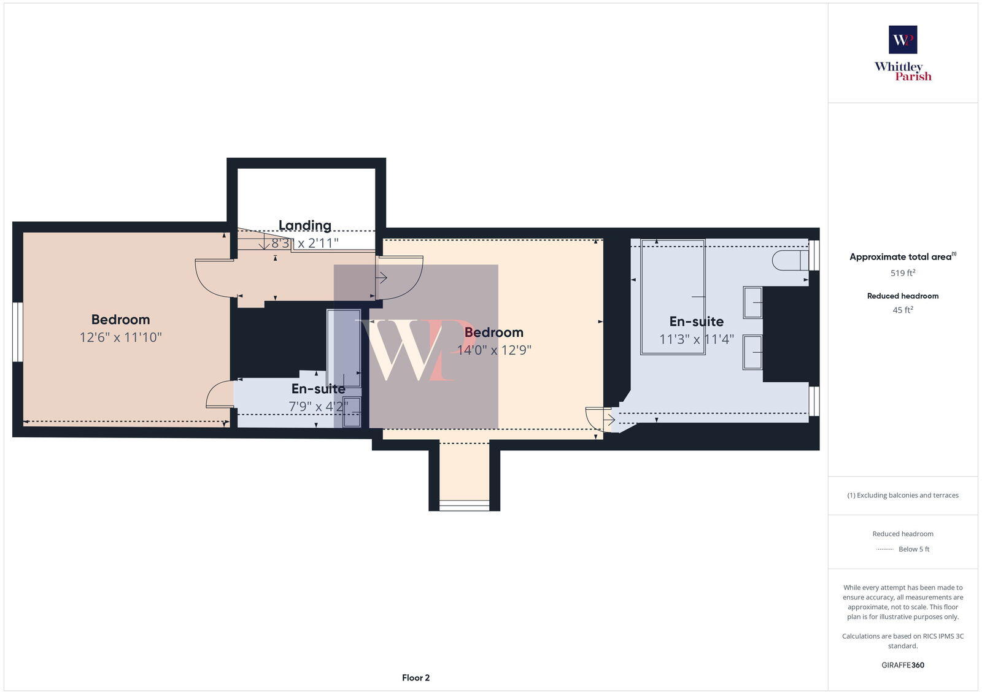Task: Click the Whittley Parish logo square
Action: [x=903, y=40]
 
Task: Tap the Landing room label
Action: [x=305, y=225]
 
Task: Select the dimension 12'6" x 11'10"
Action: [x=120, y=337]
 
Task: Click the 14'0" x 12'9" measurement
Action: [x=494, y=350]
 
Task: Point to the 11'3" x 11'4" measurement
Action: [x=697, y=339]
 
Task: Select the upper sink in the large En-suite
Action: [x=752, y=302]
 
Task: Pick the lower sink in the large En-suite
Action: [x=752, y=352]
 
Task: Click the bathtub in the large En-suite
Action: [x=673, y=297]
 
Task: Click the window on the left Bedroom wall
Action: [x=18, y=332]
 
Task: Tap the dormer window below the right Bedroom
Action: [x=465, y=506]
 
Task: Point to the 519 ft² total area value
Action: [x=903, y=273]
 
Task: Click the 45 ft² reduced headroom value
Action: [x=903, y=310]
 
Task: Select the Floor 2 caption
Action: [x=416, y=678]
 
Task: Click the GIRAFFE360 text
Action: [x=903, y=665]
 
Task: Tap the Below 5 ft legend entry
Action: [x=913, y=549]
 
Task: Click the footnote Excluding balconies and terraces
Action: [x=903, y=495]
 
